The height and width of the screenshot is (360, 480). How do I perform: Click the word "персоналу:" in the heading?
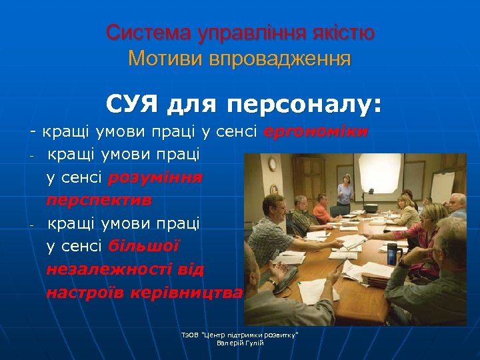coord(304,105)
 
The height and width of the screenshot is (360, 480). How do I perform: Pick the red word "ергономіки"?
coord(315,132)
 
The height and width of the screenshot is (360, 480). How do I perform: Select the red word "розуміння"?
coord(155,177)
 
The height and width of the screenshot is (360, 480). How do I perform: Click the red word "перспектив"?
coord(99,200)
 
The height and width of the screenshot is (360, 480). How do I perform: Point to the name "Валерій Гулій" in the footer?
coord(240,343)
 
